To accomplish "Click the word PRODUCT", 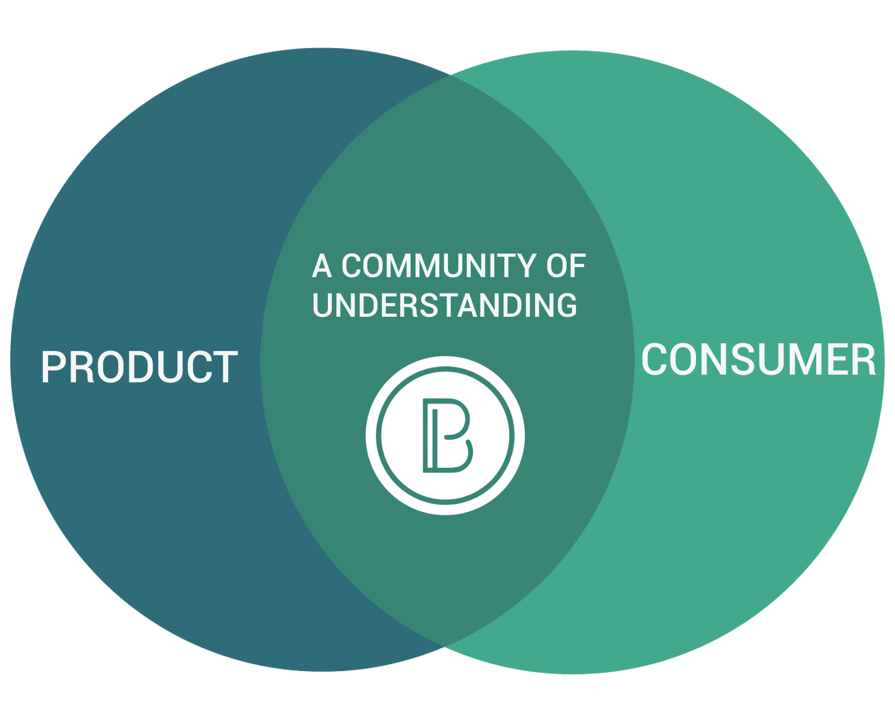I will [x=139, y=367].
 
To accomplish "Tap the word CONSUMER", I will [x=759, y=360].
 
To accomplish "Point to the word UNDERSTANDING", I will [x=444, y=305].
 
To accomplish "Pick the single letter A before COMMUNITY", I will [x=322, y=266].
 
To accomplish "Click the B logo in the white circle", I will [x=445, y=435].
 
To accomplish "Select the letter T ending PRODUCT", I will [x=226, y=367].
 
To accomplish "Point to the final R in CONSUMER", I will [x=862, y=360].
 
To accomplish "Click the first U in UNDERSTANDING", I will [x=324, y=305].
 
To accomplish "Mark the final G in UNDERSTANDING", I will [x=565, y=305].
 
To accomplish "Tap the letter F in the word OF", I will [x=578, y=266].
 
